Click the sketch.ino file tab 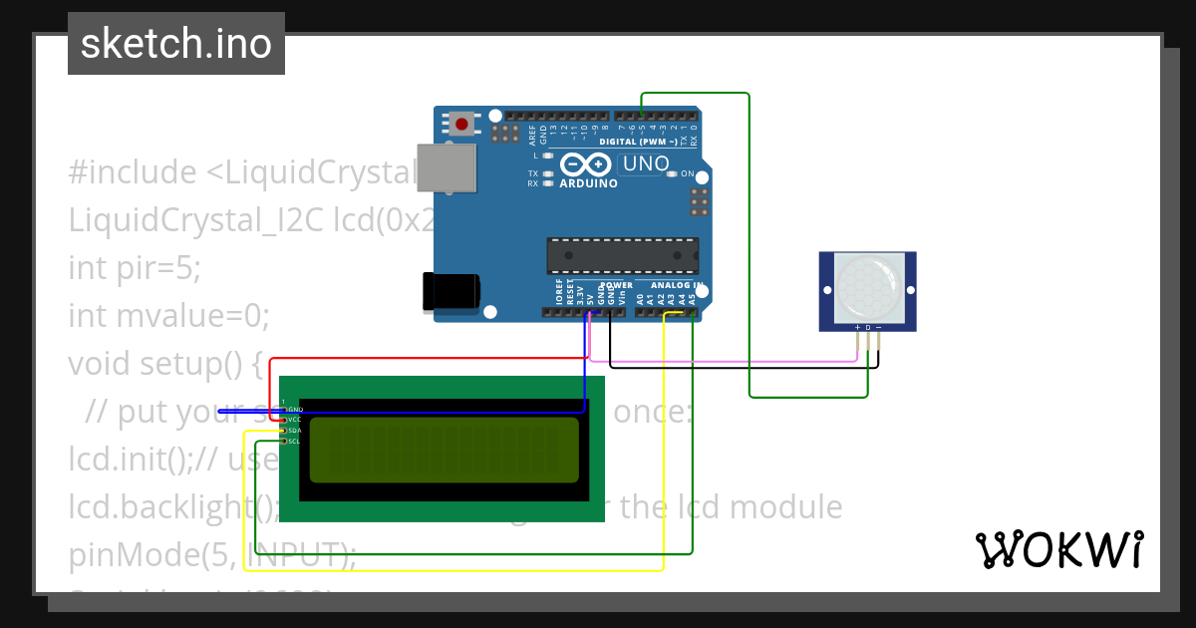[176, 44]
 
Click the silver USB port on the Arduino [446, 167]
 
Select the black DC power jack [450, 291]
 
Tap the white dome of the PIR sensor [867, 285]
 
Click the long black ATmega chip [622, 255]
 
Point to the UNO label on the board [646, 163]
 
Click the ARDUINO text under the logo [588, 183]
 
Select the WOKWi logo [1058, 549]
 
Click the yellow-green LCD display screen [444, 450]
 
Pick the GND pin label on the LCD [294, 410]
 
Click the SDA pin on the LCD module [294, 431]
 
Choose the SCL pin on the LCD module [294, 441]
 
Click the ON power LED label [688, 173]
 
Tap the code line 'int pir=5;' [135, 268]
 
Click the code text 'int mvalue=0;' [169, 316]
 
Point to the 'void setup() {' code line [165, 364]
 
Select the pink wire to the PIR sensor [728, 361]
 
